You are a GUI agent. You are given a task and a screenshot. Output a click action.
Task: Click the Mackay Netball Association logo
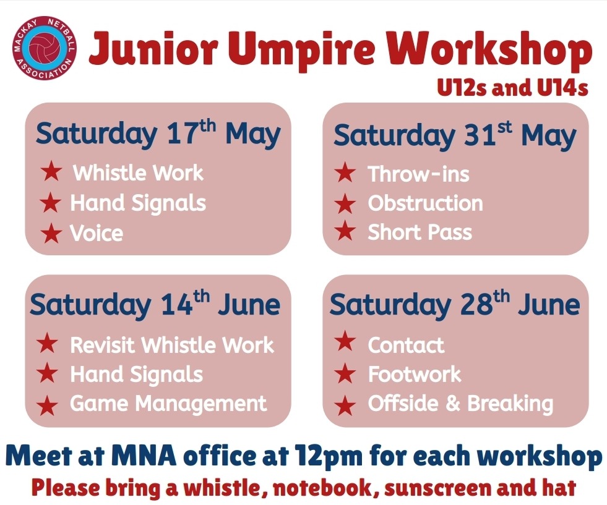click(x=45, y=48)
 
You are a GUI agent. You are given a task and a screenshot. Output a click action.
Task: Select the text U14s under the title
click(x=562, y=88)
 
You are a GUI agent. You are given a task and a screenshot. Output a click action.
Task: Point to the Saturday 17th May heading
click(x=158, y=134)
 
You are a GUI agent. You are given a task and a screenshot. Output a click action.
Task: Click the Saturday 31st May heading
click(x=455, y=135)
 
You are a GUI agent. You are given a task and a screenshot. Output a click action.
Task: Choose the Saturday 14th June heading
click(x=155, y=304)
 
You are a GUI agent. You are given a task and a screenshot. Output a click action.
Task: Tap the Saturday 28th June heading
click(x=454, y=304)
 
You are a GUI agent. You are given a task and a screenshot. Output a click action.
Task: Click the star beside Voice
click(x=51, y=233)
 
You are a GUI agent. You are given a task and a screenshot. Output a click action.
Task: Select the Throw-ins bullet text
click(x=418, y=174)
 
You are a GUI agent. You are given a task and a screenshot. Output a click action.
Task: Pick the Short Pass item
click(x=420, y=232)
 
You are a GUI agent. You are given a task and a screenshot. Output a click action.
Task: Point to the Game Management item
click(x=168, y=404)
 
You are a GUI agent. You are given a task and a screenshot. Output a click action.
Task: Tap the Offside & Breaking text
click(x=461, y=404)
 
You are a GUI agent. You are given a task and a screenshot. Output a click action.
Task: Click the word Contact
click(x=406, y=345)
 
